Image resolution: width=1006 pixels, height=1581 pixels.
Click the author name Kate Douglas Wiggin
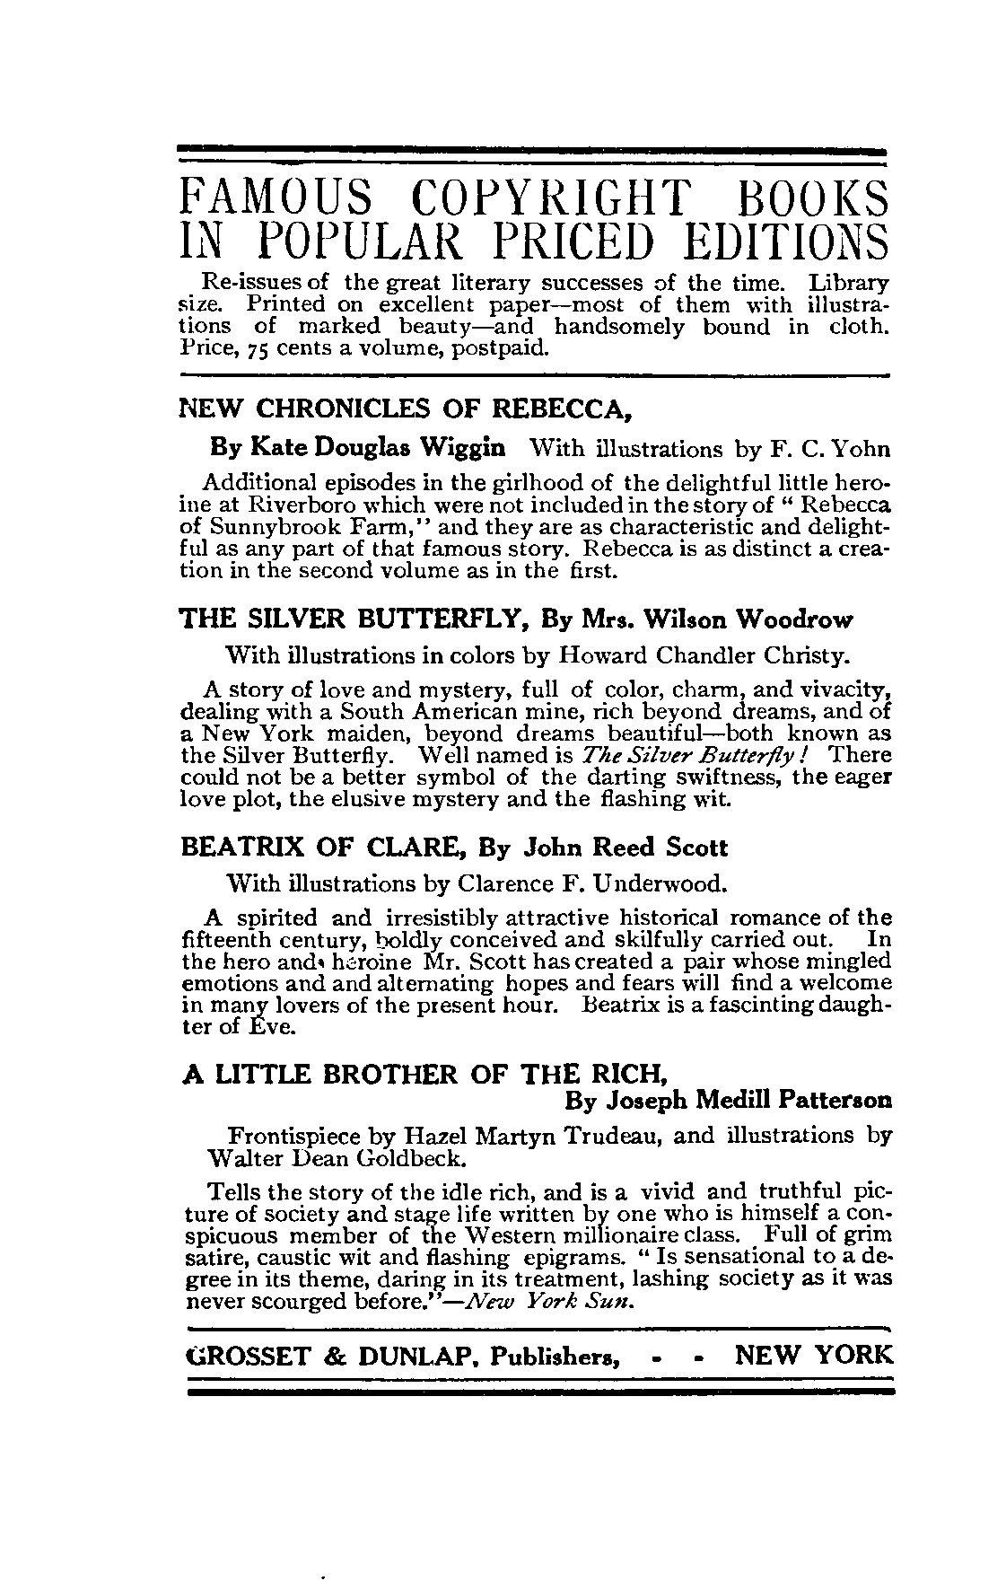tap(358, 447)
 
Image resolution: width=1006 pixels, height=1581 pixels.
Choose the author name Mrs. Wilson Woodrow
tap(697, 619)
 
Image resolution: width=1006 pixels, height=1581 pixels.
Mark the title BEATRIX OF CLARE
tap(324, 848)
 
